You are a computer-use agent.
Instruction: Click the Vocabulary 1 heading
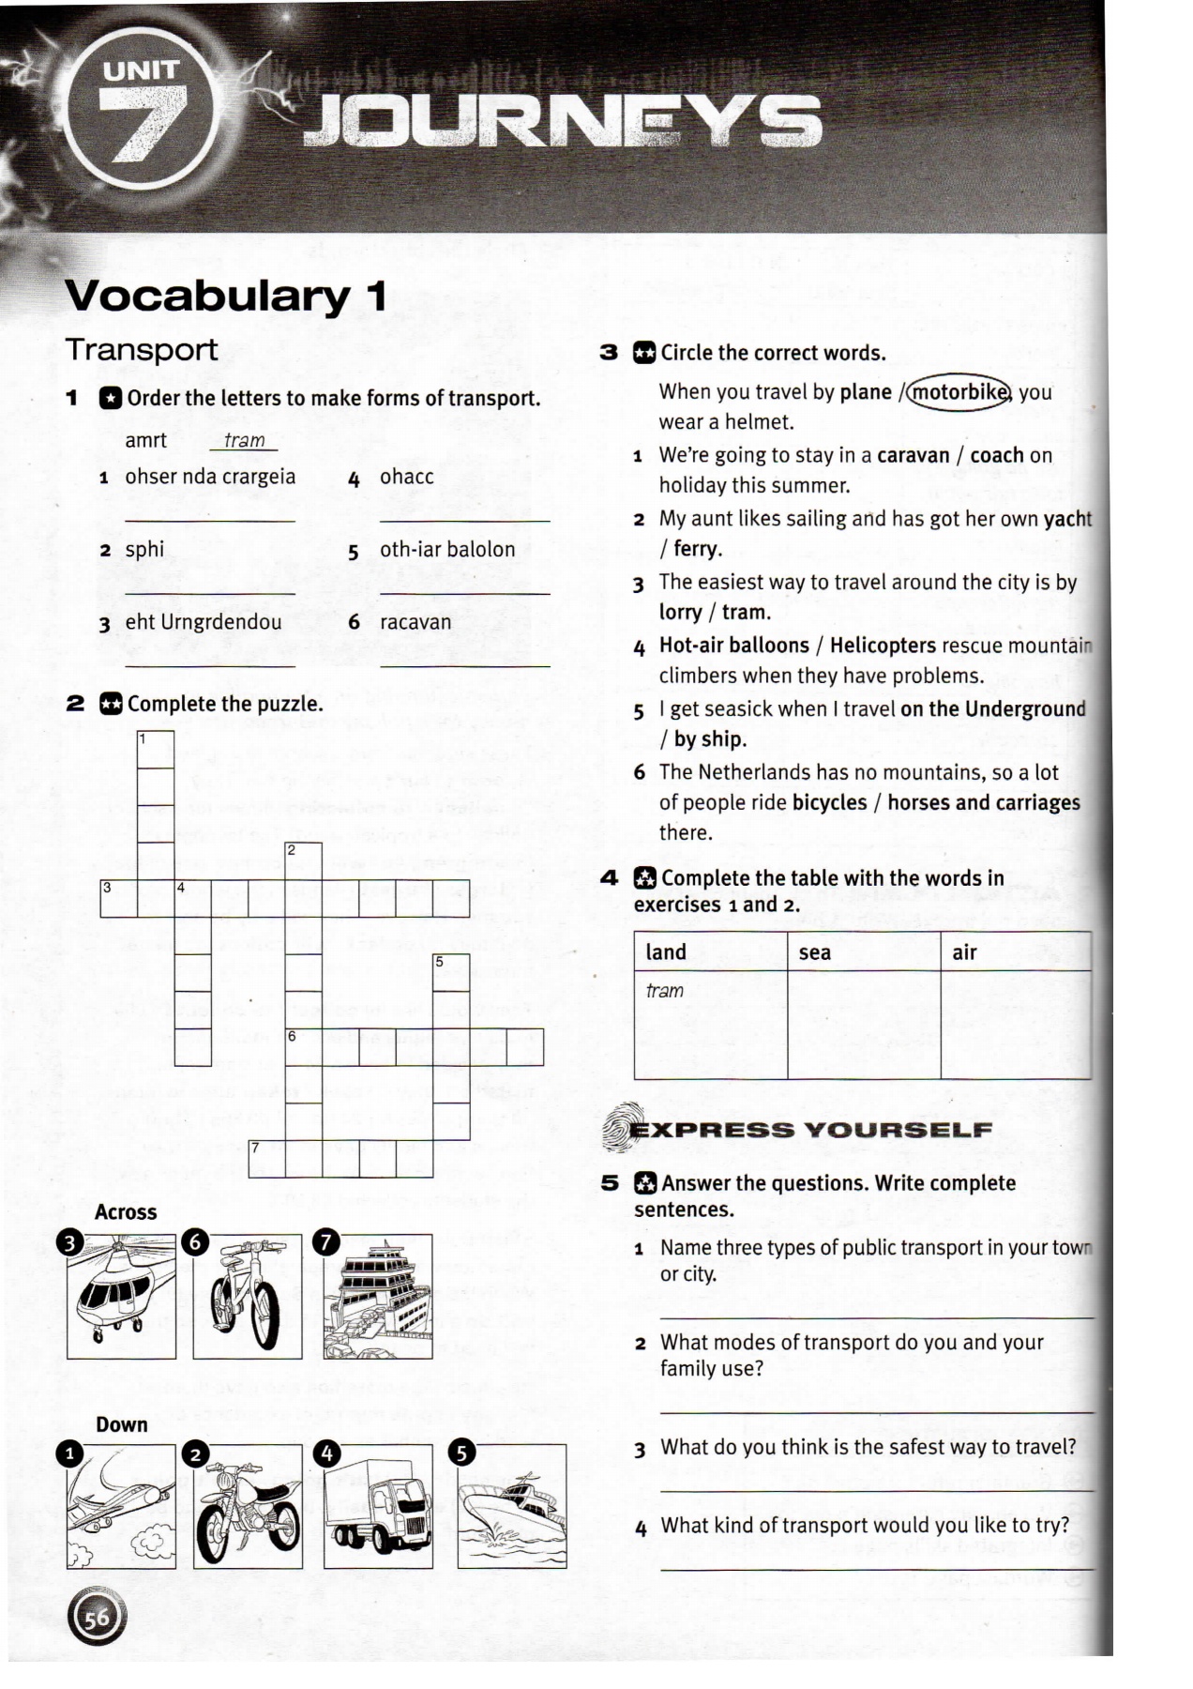click(x=225, y=296)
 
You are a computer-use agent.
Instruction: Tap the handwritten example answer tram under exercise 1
click(x=245, y=440)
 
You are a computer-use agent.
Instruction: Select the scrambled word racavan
click(x=415, y=622)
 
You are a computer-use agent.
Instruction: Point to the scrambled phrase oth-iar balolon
click(x=447, y=549)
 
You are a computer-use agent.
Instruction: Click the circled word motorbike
click(x=959, y=391)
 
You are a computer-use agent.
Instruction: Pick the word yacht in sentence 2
click(x=1067, y=519)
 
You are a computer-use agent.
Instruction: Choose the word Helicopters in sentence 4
click(x=883, y=646)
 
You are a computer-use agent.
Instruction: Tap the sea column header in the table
click(x=815, y=952)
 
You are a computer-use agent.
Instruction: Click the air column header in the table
click(x=964, y=952)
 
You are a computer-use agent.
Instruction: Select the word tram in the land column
click(x=665, y=991)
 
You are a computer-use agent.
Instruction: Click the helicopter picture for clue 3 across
click(x=122, y=1297)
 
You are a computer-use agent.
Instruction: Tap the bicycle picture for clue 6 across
click(x=248, y=1297)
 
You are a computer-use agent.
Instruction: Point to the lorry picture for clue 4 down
click(x=378, y=1508)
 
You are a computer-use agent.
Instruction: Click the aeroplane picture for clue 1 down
click(x=122, y=1508)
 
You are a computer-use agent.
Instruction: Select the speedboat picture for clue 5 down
click(x=512, y=1508)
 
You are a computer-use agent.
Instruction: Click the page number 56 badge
click(x=97, y=1617)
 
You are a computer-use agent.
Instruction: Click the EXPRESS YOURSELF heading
click(x=811, y=1130)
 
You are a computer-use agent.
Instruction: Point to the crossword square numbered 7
click(x=267, y=1159)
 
